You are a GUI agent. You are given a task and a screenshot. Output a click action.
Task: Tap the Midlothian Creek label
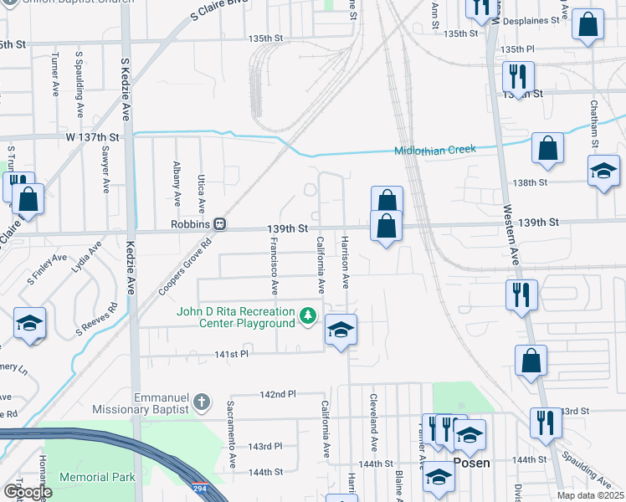[435, 150]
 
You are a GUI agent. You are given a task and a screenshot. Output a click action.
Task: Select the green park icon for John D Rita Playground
[309, 315]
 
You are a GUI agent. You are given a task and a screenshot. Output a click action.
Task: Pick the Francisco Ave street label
[274, 265]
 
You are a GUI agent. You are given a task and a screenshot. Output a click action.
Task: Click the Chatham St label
[593, 124]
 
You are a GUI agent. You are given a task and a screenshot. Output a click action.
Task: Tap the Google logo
[28, 491]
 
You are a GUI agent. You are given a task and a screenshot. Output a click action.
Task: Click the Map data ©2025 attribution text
[589, 495]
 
